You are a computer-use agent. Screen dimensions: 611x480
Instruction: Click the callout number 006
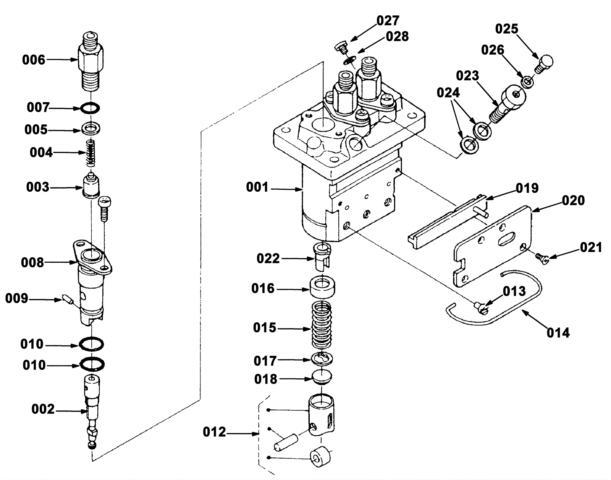click(34, 60)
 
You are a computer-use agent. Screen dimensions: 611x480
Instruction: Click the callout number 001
click(257, 187)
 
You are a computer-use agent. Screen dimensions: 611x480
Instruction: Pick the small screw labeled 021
click(542, 259)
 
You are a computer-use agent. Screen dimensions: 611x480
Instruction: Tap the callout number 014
click(558, 333)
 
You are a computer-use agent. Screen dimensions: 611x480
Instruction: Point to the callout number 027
click(388, 21)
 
